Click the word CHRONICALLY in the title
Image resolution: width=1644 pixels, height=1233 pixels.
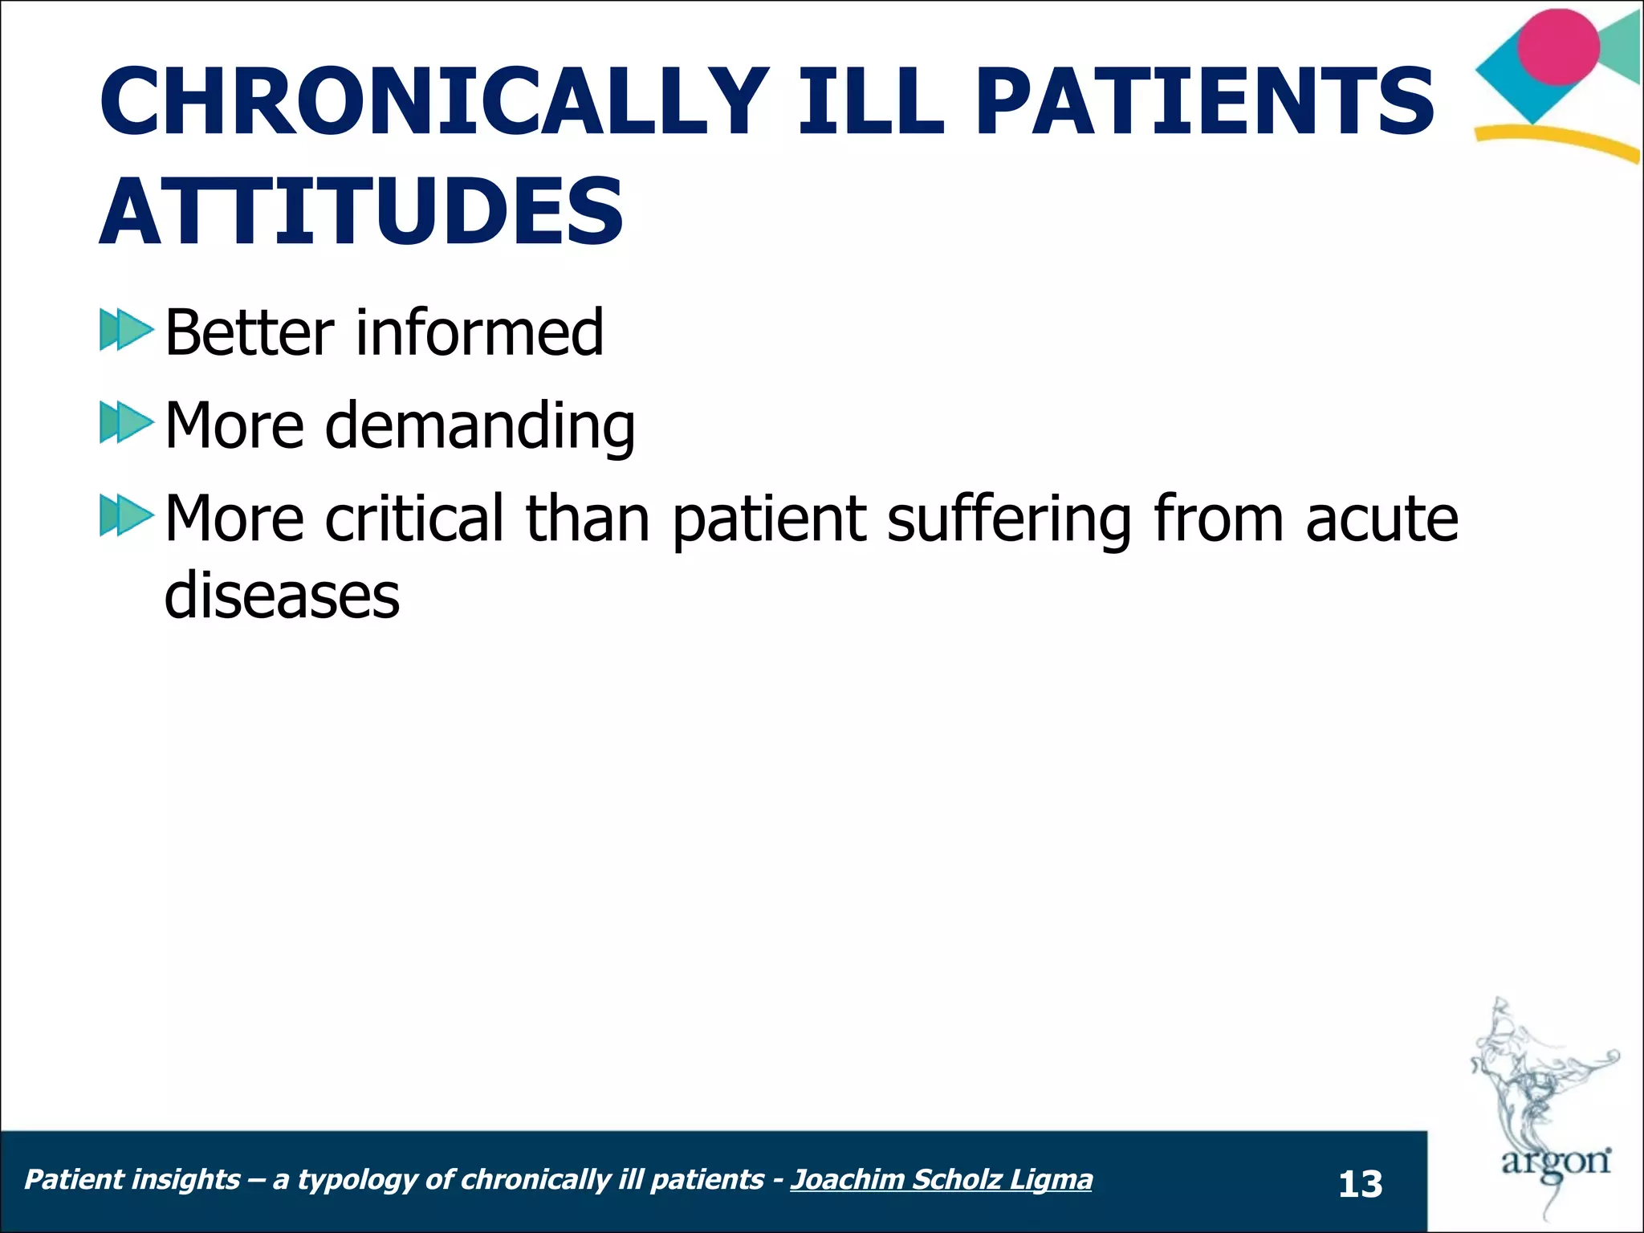tap(433, 102)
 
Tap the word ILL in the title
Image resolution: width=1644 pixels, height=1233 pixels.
tap(871, 102)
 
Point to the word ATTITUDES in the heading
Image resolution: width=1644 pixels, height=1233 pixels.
tap(361, 213)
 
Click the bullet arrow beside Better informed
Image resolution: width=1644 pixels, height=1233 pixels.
tap(126, 330)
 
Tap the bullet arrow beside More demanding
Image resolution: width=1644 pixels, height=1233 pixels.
tap(126, 422)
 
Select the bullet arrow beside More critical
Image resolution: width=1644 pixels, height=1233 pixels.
tap(126, 515)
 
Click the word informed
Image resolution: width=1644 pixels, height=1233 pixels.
tap(479, 332)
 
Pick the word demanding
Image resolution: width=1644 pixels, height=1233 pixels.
tap(479, 425)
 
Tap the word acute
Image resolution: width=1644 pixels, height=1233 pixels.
tap(1381, 518)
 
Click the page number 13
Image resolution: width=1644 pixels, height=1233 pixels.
tap(1360, 1185)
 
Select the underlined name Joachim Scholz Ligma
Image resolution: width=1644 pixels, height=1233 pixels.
tap(941, 1179)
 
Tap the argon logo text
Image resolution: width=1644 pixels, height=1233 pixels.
tap(1555, 1162)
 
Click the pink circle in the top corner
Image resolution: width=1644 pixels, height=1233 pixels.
tap(1558, 47)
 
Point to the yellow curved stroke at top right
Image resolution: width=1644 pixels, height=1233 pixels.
tap(1557, 142)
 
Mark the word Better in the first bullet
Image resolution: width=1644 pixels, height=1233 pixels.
tap(249, 332)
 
